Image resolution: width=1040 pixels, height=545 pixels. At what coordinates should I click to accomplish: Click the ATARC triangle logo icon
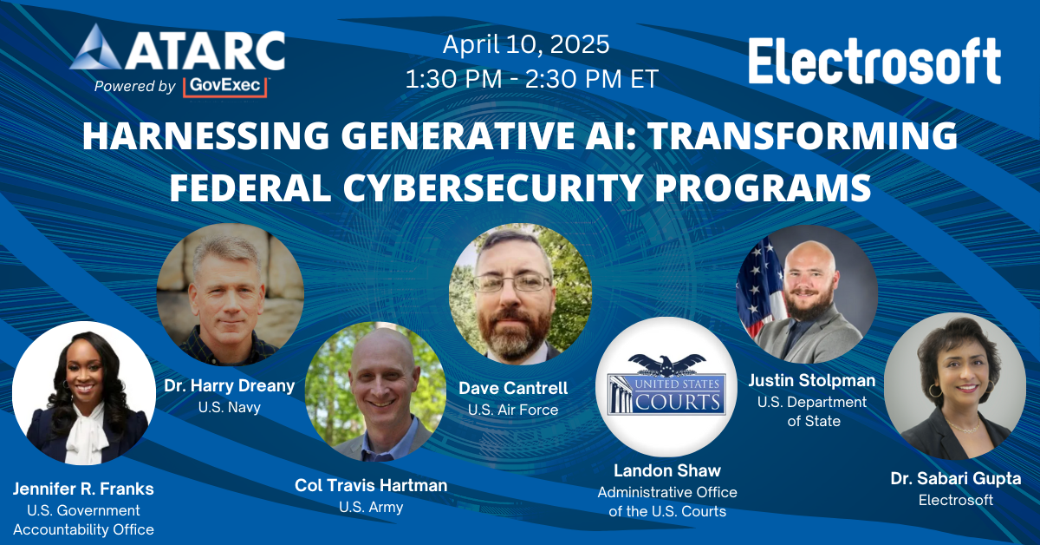(x=96, y=49)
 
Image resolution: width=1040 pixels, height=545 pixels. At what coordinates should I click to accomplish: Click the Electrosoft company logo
(x=874, y=60)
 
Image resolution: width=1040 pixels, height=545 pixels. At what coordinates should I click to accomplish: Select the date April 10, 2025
(x=526, y=43)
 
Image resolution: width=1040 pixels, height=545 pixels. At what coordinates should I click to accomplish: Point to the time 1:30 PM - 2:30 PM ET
(x=531, y=80)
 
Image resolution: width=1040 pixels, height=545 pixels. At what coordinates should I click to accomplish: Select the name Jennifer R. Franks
(x=83, y=489)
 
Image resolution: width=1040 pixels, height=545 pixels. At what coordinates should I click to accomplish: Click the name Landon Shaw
(x=666, y=470)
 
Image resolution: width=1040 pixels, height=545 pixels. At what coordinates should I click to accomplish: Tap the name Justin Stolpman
(x=811, y=380)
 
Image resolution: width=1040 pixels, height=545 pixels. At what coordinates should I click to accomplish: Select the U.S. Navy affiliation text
(x=230, y=406)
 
